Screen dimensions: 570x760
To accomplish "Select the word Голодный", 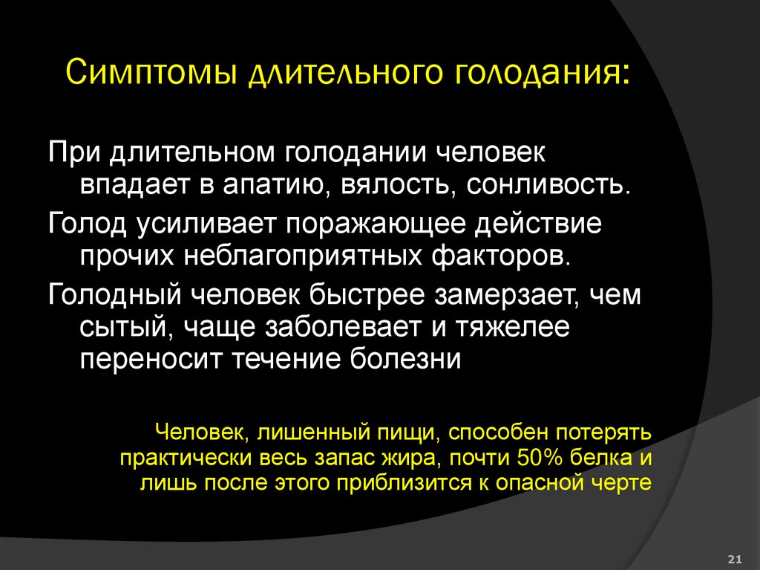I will (x=112, y=294).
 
